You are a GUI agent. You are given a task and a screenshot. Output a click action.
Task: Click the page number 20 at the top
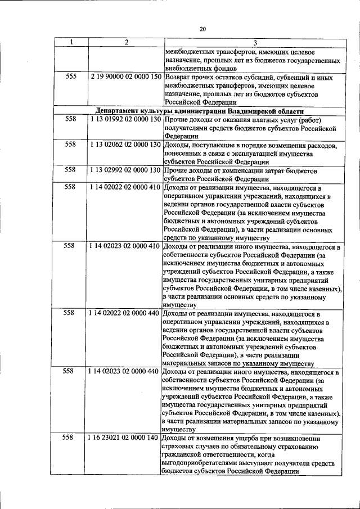point(203,29)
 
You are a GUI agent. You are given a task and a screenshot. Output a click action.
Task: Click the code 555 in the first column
point(71,76)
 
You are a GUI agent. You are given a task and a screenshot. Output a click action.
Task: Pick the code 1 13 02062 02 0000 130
point(125,145)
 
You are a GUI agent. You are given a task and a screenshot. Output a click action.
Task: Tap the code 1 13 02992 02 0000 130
point(125,170)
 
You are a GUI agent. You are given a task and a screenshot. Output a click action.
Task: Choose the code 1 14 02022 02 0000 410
point(125,187)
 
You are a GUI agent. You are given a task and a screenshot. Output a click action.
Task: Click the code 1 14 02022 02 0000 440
point(125,313)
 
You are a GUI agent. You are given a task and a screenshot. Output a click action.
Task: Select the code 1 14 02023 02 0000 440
point(125,372)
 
